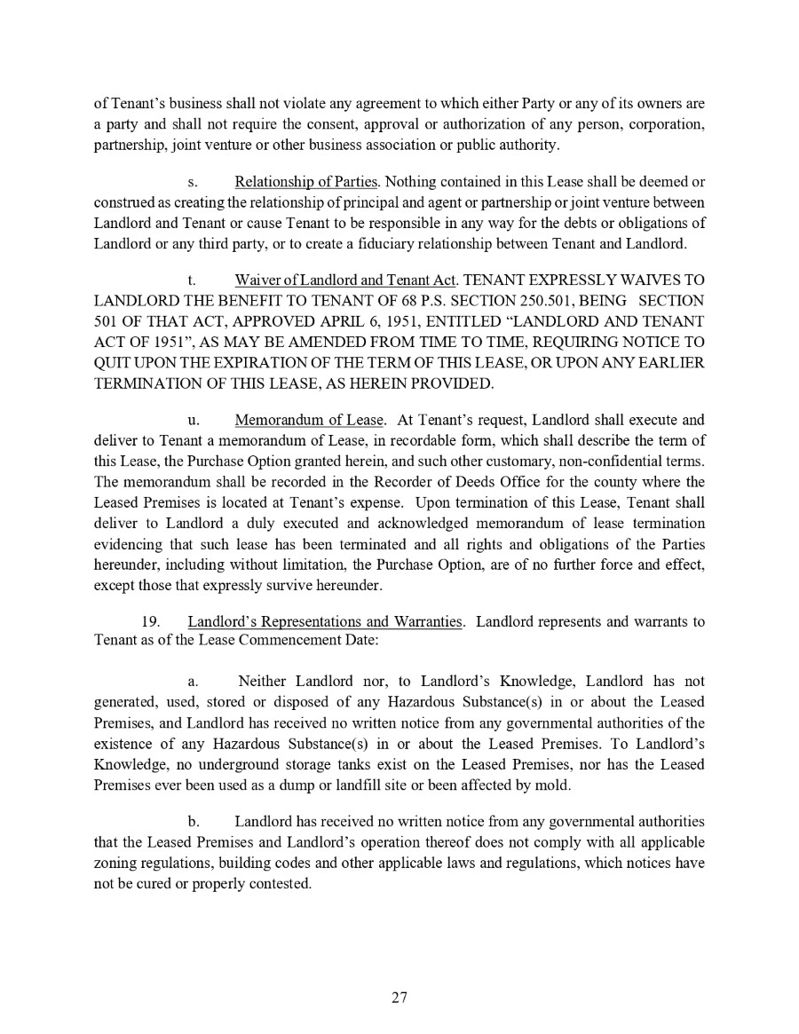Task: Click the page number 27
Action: (399, 998)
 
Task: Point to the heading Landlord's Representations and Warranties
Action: (325, 621)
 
